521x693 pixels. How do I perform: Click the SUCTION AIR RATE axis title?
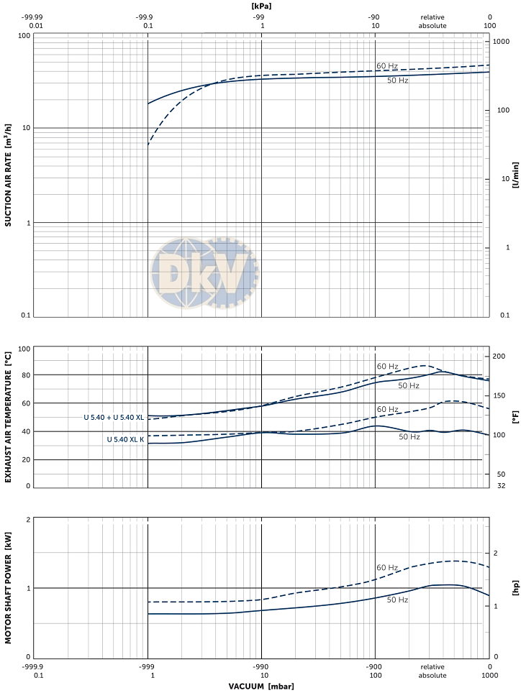tap(8, 175)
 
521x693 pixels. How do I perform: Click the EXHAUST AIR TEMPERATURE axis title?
tap(8, 417)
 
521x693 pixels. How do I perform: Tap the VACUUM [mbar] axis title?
tap(261, 686)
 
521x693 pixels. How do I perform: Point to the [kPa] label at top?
tap(261, 6)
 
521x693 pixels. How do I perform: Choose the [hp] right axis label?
tap(515, 587)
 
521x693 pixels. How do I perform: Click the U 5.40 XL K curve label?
tap(125, 439)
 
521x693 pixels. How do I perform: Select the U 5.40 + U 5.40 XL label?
tap(114, 417)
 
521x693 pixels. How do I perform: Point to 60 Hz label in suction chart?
tap(387, 66)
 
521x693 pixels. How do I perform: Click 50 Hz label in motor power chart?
tap(398, 600)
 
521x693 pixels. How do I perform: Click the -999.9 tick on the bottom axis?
tap(34, 666)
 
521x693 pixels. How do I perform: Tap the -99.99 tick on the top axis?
tap(33, 17)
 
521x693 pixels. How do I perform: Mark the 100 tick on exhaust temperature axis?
tap(24, 349)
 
